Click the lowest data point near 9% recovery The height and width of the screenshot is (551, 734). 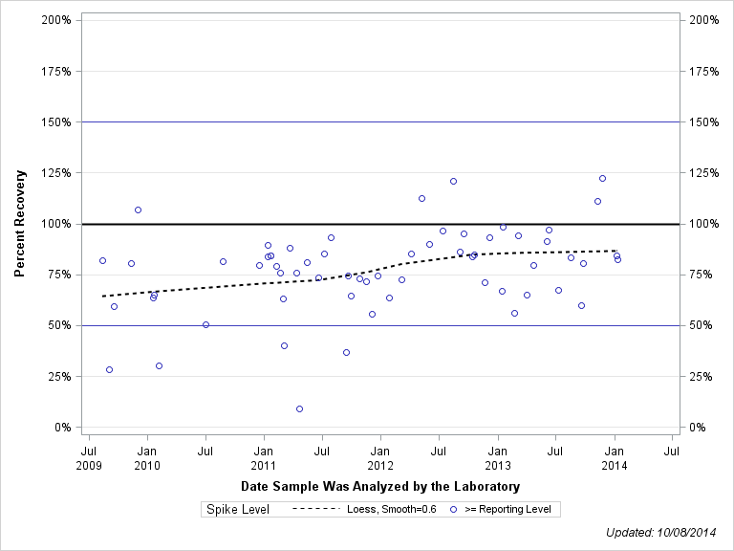click(x=299, y=408)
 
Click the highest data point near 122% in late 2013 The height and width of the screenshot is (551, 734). click(x=602, y=178)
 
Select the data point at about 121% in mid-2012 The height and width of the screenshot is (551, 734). click(x=453, y=181)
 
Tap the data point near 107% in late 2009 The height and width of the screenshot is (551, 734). click(x=138, y=209)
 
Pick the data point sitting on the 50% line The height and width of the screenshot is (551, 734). click(x=205, y=324)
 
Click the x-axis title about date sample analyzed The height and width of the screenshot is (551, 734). click(x=380, y=487)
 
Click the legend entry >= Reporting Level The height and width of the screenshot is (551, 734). click(x=507, y=509)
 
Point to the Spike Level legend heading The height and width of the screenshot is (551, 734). click(x=238, y=509)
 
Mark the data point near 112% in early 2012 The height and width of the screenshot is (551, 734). click(x=421, y=198)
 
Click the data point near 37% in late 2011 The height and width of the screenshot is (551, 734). click(x=346, y=352)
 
